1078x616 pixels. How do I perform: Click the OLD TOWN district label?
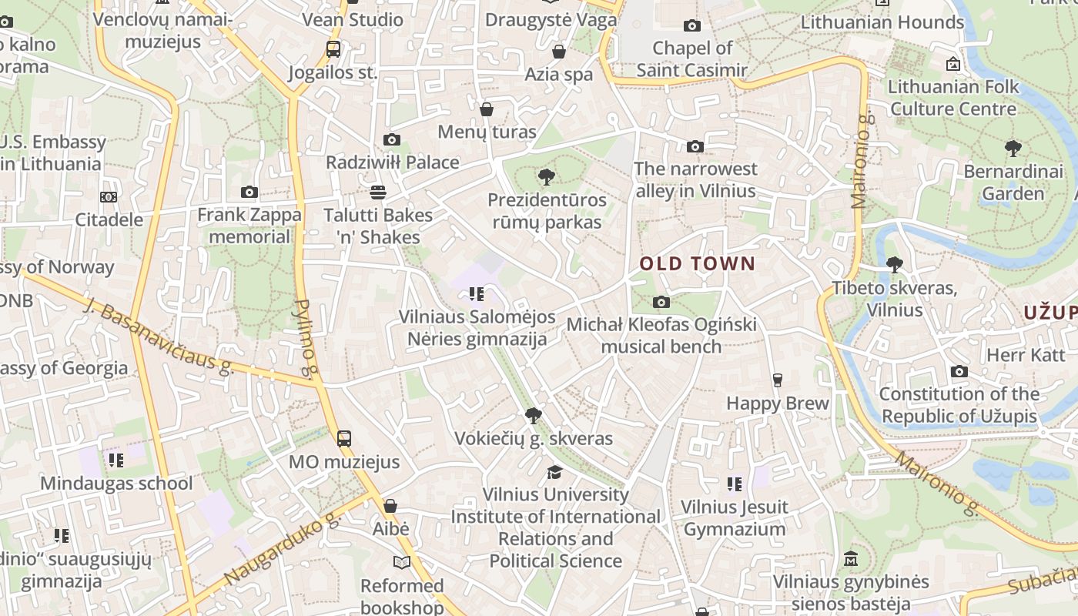[698, 264]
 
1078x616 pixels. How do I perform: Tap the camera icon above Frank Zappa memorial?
[249, 192]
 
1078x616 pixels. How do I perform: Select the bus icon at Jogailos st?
[333, 49]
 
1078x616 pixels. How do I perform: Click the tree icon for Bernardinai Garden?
[1013, 148]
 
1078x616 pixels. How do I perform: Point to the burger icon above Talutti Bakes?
[377, 191]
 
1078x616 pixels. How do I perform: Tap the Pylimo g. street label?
[306, 339]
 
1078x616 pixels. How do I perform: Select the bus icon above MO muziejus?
[343, 439]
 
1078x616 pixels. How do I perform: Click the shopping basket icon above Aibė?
[390, 506]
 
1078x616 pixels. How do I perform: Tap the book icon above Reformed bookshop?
[402, 562]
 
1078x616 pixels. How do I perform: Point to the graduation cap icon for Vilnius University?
[554, 471]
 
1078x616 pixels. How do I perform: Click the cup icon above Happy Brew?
[777, 380]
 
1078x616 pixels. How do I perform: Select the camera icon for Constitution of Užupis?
[959, 371]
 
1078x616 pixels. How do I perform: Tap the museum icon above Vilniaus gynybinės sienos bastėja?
[850, 558]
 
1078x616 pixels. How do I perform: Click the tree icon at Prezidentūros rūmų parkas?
[546, 177]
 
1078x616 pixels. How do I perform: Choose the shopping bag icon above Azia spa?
[559, 52]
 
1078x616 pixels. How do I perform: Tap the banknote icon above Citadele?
[109, 197]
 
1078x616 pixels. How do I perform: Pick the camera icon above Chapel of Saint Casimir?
[692, 26]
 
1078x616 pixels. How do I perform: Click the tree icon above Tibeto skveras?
[894, 265]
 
